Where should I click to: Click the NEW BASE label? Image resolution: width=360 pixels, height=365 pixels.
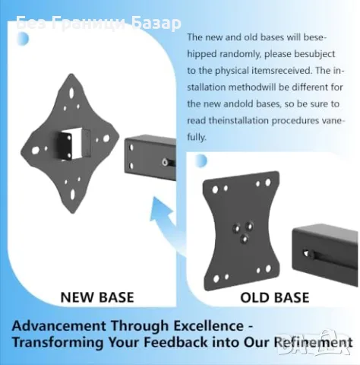(97, 297)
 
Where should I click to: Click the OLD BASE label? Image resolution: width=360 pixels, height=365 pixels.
(275, 297)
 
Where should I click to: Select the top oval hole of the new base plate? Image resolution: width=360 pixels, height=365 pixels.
(71, 92)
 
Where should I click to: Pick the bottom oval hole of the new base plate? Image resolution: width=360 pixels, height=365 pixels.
(73, 194)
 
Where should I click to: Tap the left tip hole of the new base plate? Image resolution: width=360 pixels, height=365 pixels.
(36, 151)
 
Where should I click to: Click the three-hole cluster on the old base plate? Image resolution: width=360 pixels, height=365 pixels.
(243, 231)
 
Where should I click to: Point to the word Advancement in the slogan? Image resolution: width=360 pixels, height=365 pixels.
(58, 325)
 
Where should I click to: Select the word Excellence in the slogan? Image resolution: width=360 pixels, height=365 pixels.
(208, 325)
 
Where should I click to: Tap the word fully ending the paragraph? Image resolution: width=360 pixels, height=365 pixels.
(197, 138)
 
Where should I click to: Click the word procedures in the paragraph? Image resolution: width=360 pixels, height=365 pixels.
(295, 121)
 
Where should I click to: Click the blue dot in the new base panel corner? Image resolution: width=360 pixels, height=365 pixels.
(24, 39)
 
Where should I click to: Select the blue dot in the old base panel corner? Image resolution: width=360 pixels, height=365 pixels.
(201, 161)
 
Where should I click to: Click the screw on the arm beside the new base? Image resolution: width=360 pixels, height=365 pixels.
(166, 162)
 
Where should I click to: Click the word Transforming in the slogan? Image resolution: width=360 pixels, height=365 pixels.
(58, 342)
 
